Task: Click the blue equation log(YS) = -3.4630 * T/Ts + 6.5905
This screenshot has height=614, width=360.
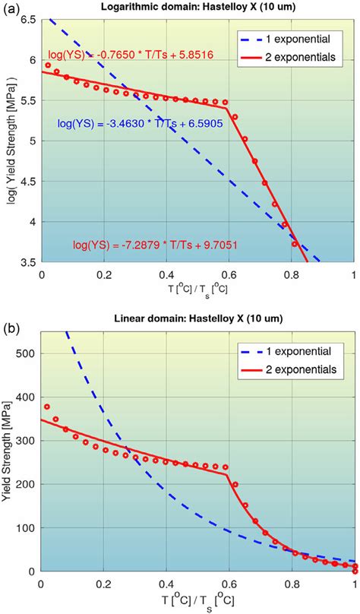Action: [x=140, y=123]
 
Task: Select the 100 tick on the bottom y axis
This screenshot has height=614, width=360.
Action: [x=25, y=527]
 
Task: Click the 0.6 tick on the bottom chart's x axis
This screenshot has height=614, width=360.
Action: [x=229, y=583]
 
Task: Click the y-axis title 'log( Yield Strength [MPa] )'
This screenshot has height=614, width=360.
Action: [x=9, y=141]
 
